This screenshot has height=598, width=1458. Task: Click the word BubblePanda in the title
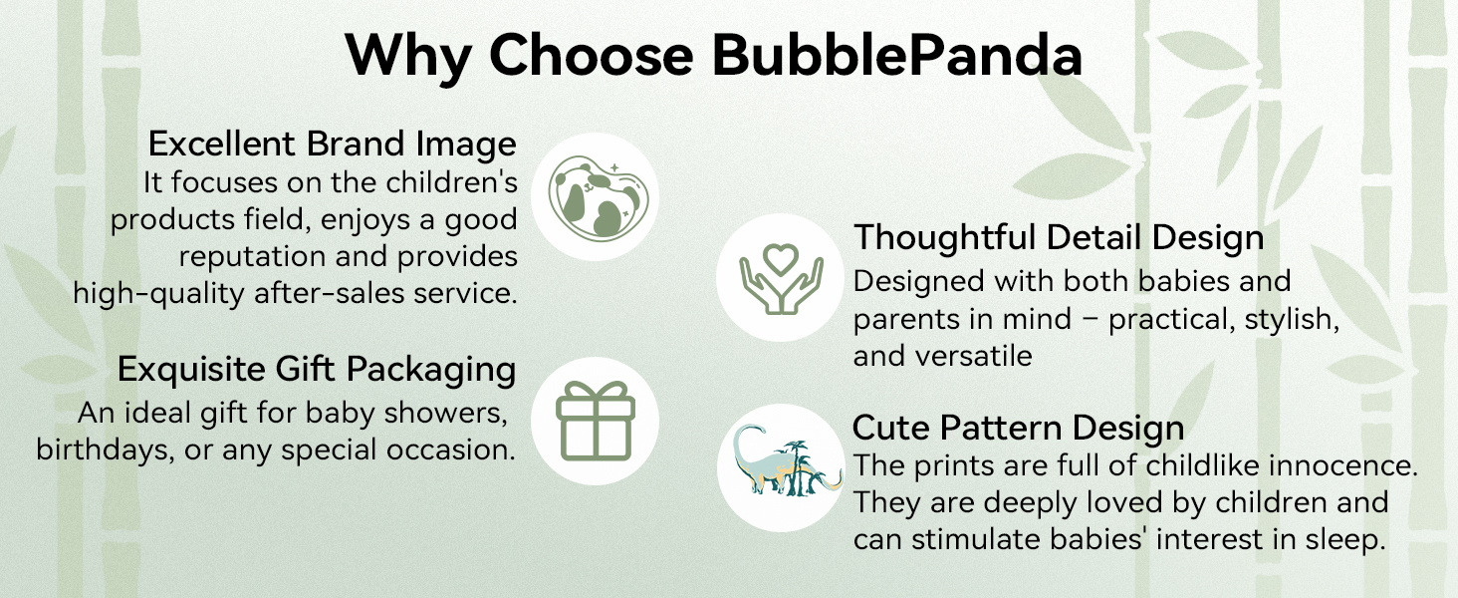coord(897,55)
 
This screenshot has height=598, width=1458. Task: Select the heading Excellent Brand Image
coord(333,144)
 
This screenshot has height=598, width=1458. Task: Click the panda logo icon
coord(599,196)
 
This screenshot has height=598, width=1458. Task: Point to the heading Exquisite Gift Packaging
coord(317,370)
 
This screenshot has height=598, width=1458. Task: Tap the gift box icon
coord(595,421)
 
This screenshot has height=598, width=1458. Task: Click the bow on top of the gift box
coord(595,391)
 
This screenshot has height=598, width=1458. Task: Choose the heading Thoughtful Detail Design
coord(1059,237)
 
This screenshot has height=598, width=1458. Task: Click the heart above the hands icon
coord(781,258)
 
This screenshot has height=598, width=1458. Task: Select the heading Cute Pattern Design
coord(1018,428)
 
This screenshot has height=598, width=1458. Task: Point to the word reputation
coord(251,257)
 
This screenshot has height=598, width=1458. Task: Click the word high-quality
coord(158,294)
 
